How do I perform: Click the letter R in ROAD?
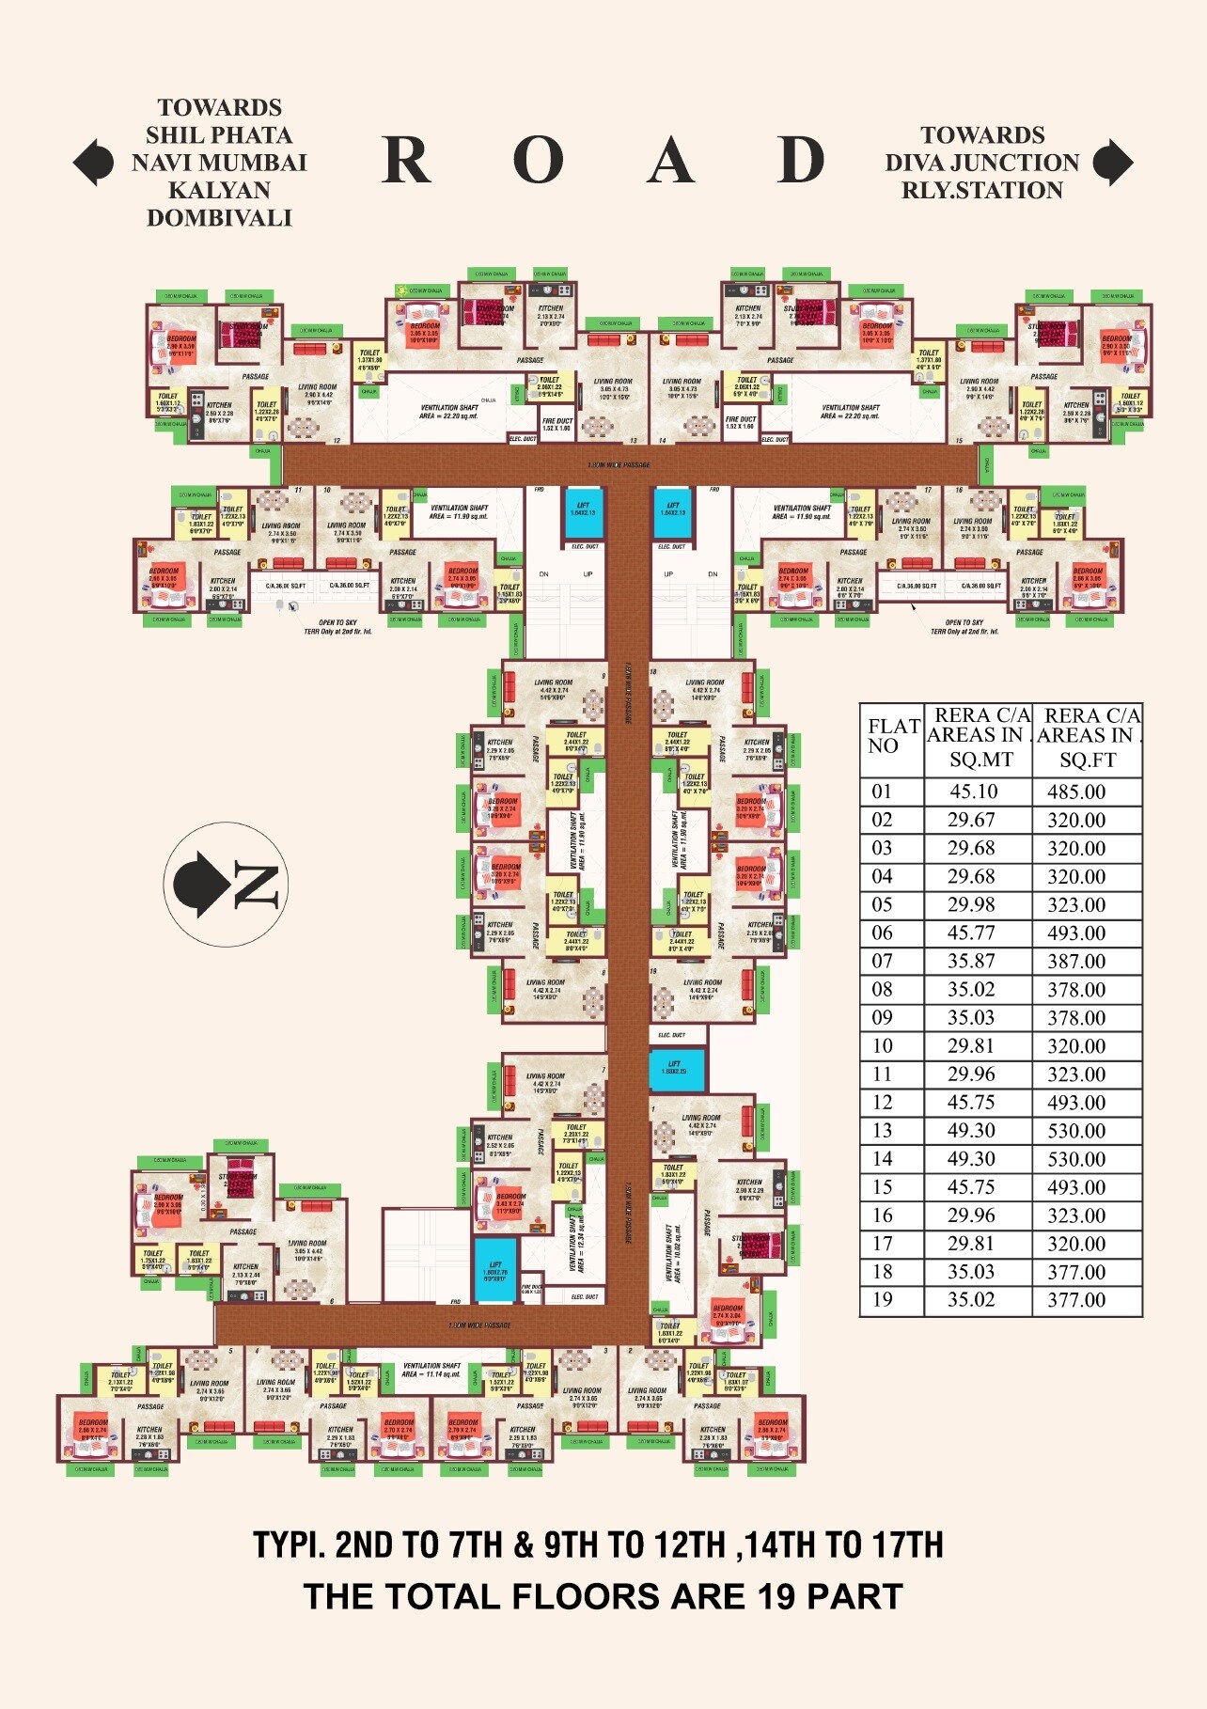click(406, 161)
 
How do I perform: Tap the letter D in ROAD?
click(801, 161)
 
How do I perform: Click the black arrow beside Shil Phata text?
click(93, 162)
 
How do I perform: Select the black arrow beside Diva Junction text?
click(1113, 162)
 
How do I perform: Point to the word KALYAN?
click(219, 190)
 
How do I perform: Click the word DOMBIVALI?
click(219, 218)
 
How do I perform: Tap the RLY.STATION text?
click(982, 190)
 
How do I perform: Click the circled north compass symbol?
click(226, 884)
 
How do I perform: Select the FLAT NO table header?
click(892, 736)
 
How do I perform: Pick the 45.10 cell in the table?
click(974, 792)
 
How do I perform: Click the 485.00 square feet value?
click(1076, 792)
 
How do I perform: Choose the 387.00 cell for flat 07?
click(1076, 961)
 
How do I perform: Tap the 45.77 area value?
click(972, 933)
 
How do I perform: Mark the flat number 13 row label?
click(882, 1130)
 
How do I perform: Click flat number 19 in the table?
click(882, 1299)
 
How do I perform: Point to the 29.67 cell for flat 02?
click(971, 820)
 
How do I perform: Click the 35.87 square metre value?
click(971, 961)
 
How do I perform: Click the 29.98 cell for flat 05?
click(972, 904)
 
